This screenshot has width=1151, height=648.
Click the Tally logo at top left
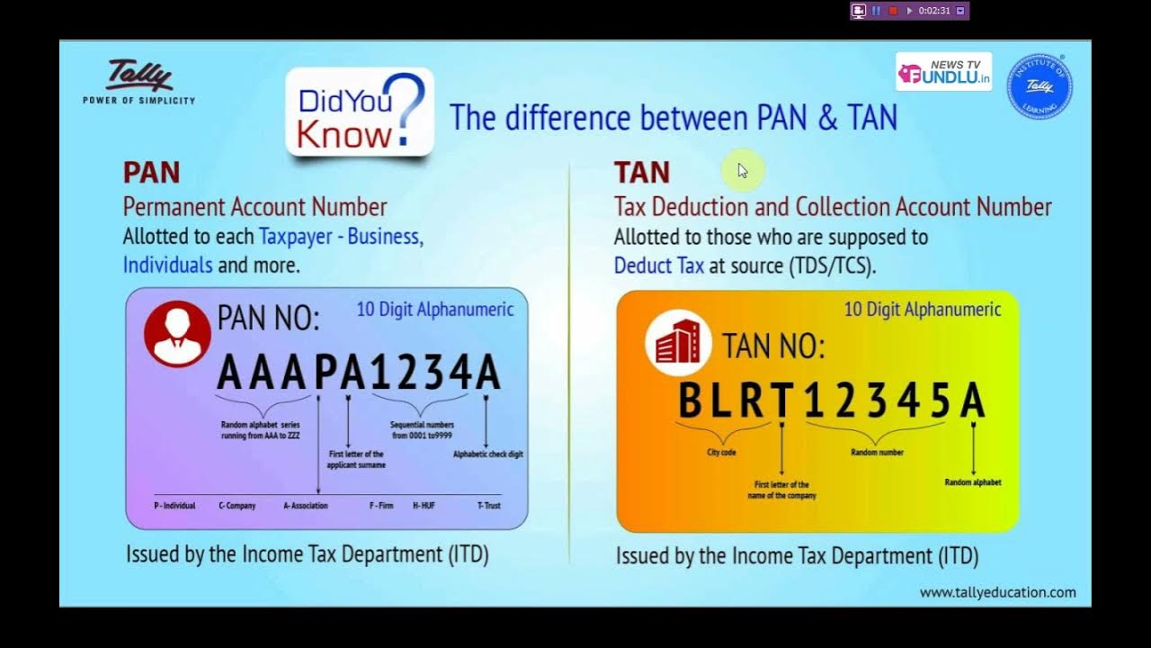[x=139, y=78]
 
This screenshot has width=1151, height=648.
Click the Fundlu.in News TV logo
[x=943, y=72]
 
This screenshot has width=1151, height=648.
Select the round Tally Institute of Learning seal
[x=1039, y=86]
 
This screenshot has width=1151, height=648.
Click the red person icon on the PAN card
[x=177, y=334]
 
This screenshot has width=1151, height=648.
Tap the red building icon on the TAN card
[x=679, y=342]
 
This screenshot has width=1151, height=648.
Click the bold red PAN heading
[x=151, y=172]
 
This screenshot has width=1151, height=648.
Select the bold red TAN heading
[x=641, y=172]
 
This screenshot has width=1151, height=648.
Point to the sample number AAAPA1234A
[x=359, y=373]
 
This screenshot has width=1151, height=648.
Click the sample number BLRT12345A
[x=831, y=401]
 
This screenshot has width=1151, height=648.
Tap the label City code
[x=721, y=453]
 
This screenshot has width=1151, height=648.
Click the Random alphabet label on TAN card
[x=972, y=482]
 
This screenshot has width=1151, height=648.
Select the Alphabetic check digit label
[x=487, y=454]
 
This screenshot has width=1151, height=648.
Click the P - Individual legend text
[x=174, y=506]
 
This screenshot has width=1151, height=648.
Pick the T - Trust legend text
[x=488, y=506]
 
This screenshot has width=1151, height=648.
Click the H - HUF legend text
[x=424, y=506]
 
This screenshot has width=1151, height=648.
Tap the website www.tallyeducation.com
[x=997, y=592]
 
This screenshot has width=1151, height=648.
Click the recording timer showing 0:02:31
[x=934, y=11]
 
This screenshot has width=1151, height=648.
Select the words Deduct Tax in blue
[x=658, y=265]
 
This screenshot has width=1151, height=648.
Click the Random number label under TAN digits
[x=877, y=453]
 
